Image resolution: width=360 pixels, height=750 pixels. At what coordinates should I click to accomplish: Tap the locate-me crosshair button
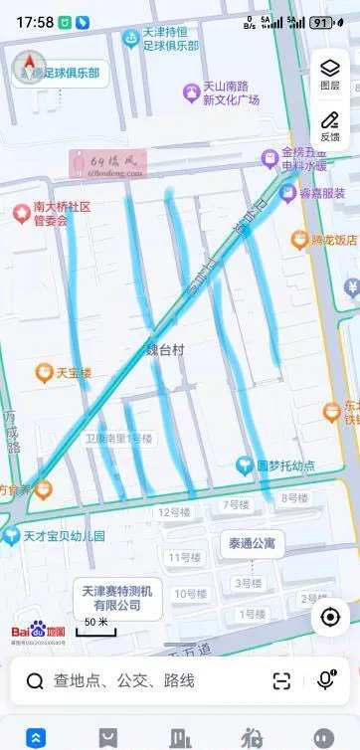click(330, 617)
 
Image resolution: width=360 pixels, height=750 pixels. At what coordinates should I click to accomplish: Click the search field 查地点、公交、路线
click(124, 681)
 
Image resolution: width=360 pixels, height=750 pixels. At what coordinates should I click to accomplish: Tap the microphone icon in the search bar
click(325, 680)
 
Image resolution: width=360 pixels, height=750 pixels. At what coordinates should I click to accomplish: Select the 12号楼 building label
click(174, 512)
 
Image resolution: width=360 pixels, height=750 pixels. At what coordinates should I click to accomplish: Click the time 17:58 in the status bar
click(35, 22)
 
